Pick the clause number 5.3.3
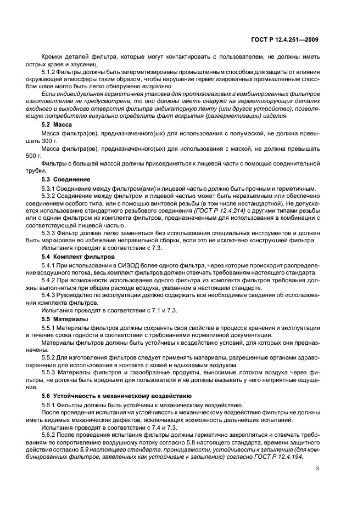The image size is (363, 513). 50,233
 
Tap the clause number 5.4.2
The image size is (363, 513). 50,280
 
